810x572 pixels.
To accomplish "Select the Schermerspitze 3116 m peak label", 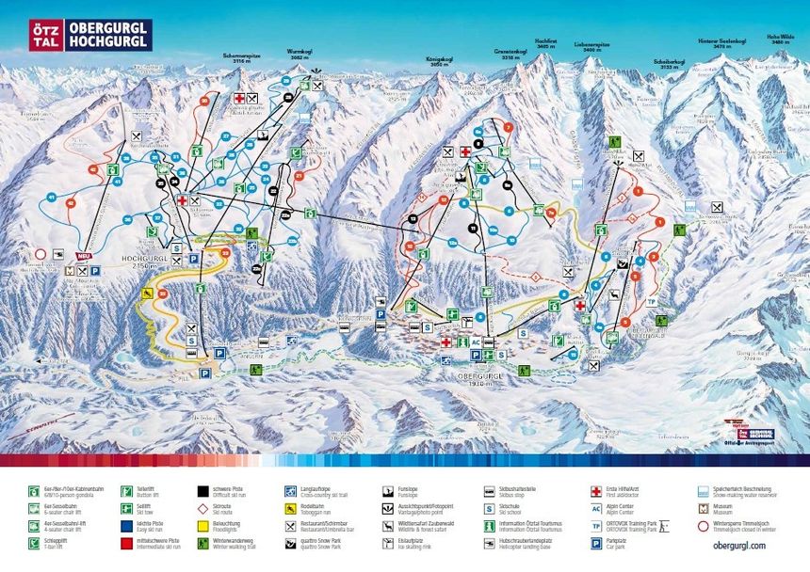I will tap(241, 58).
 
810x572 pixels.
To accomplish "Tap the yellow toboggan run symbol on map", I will tap(148, 294).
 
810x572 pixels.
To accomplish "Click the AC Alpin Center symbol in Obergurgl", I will tap(476, 342).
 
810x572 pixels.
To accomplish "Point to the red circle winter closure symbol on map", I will tap(39, 254).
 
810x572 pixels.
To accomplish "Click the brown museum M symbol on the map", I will tap(68, 270).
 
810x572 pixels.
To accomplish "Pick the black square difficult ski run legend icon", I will tap(203, 490).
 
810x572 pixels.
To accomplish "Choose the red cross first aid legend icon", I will tap(596, 490).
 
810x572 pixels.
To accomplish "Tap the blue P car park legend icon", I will tap(596, 544).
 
